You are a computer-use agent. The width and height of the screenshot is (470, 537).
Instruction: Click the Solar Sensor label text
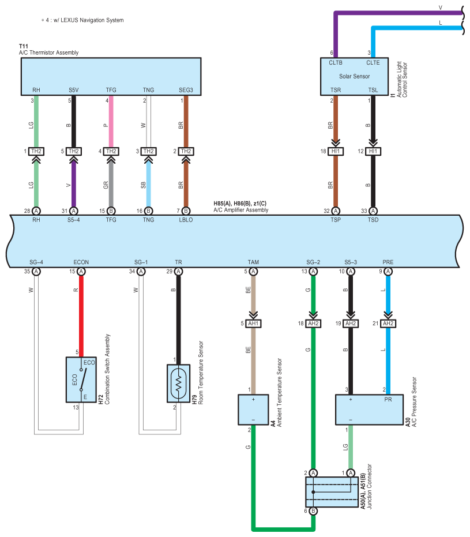click(354, 76)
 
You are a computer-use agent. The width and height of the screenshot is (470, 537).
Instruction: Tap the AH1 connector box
click(253, 323)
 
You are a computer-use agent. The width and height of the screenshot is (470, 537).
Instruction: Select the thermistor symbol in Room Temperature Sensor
click(178, 384)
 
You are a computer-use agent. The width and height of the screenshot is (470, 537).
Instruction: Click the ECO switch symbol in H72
click(83, 379)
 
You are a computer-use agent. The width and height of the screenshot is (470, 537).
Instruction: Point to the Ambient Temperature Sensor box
click(253, 410)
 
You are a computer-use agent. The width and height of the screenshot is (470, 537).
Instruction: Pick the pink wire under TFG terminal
click(111, 121)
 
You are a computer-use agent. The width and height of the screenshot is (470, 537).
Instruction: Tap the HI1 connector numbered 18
click(336, 151)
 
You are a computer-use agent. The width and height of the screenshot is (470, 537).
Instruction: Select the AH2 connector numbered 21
click(388, 323)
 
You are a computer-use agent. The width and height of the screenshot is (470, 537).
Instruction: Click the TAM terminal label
click(253, 262)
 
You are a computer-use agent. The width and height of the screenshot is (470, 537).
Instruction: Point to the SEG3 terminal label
click(186, 90)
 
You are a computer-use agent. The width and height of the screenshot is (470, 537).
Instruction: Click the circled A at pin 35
click(36, 272)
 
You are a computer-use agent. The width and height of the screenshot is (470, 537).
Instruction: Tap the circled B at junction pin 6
click(313, 511)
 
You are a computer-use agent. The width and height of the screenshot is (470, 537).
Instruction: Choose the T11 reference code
click(24, 46)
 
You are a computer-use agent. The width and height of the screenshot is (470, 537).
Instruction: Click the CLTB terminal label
click(336, 63)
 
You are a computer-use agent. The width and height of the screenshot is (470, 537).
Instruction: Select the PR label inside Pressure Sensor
click(388, 399)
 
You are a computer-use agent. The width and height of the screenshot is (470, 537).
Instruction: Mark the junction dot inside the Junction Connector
click(313, 492)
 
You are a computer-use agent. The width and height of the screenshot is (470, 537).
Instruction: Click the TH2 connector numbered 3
click(148, 151)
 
